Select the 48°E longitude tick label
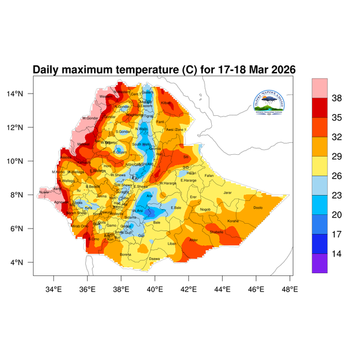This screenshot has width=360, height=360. point(290,289)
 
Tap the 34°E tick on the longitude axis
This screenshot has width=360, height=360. point(54,289)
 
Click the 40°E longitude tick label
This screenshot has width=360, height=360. point(155,289)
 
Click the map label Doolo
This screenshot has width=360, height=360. point(258,208)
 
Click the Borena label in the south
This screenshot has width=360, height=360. point(125,254)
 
